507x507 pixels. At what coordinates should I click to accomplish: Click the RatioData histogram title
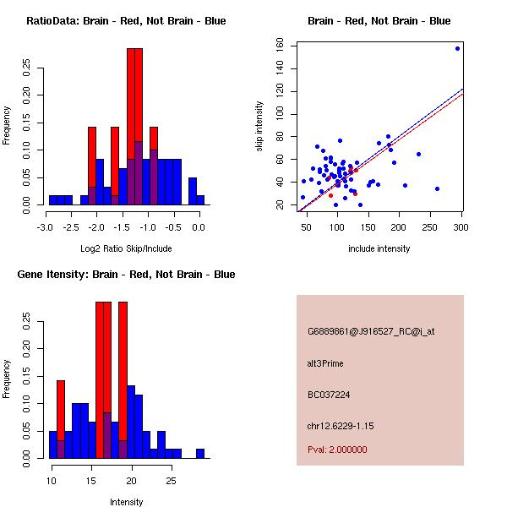(x=126, y=20)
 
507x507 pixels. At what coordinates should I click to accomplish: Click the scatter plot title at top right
(x=379, y=20)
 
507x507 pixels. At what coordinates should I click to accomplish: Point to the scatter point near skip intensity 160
(x=457, y=48)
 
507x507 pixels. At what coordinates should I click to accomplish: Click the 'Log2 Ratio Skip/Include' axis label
(x=125, y=248)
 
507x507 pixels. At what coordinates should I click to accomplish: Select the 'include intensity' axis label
(x=379, y=248)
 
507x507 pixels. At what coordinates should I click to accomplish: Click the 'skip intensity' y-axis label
(x=260, y=126)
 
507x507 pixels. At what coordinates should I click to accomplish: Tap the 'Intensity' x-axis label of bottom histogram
(x=126, y=502)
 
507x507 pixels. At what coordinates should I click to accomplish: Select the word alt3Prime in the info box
(x=325, y=363)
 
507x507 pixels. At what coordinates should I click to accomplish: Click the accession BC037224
(x=330, y=394)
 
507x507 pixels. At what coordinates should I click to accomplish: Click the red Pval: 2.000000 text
(x=337, y=450)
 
